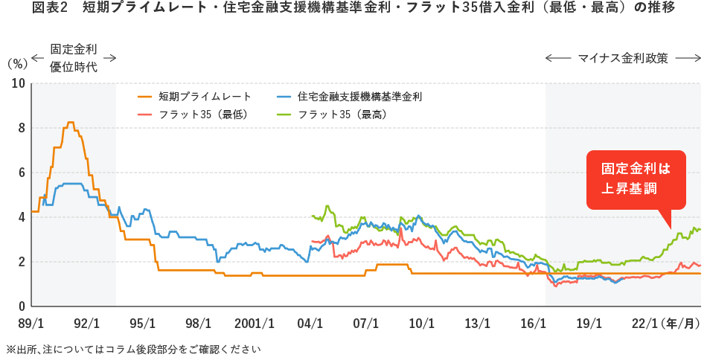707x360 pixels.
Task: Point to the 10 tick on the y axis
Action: pyautogui.click(x=18, y=83)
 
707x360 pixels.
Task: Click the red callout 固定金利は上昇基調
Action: pyautogui.click(x=629, y=179)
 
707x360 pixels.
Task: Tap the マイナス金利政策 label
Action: pyautogui.click(x=624, y=57)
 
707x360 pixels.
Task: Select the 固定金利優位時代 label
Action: pyautogui.click(x=74, y=58)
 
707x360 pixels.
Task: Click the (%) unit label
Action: pyautogui.click(x=16, y=64)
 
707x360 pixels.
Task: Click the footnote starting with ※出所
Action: pyautogui.click(x=133, y=349)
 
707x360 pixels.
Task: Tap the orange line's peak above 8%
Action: pyautogui.click(x=70, y=123)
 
